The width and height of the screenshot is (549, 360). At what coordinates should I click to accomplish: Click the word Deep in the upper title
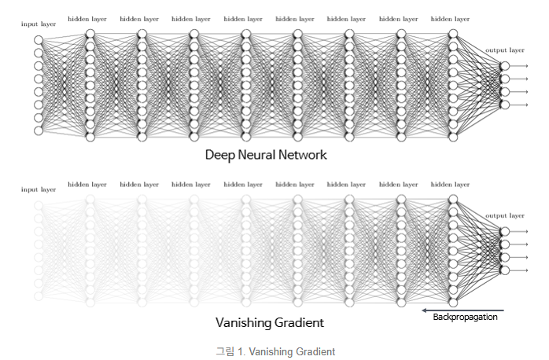click(219, 155)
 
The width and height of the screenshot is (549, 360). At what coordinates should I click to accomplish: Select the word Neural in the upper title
click(260, 155)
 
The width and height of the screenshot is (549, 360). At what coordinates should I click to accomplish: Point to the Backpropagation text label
click(465, 317)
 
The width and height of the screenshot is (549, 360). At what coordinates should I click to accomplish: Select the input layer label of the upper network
click(39, 25)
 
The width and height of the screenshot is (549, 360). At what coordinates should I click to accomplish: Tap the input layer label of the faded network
click(39, 189)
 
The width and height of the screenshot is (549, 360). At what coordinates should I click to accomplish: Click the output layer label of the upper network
click(504, 50)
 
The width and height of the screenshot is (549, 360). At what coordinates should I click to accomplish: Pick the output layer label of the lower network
click(504, 215)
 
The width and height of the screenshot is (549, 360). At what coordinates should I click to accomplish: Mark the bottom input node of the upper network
click(39, 130)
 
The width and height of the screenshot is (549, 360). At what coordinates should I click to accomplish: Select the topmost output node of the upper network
click(504, 66)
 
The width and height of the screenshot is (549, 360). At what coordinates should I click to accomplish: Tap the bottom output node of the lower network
click(504, 270)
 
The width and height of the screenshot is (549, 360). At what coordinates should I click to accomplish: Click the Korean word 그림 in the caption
click(226, 351)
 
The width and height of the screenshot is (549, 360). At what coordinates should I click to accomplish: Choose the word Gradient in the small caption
click(315, 351)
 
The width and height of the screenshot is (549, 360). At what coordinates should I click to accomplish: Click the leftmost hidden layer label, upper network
click(87, 18)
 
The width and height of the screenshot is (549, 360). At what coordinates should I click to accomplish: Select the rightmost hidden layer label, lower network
click(450, 185)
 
